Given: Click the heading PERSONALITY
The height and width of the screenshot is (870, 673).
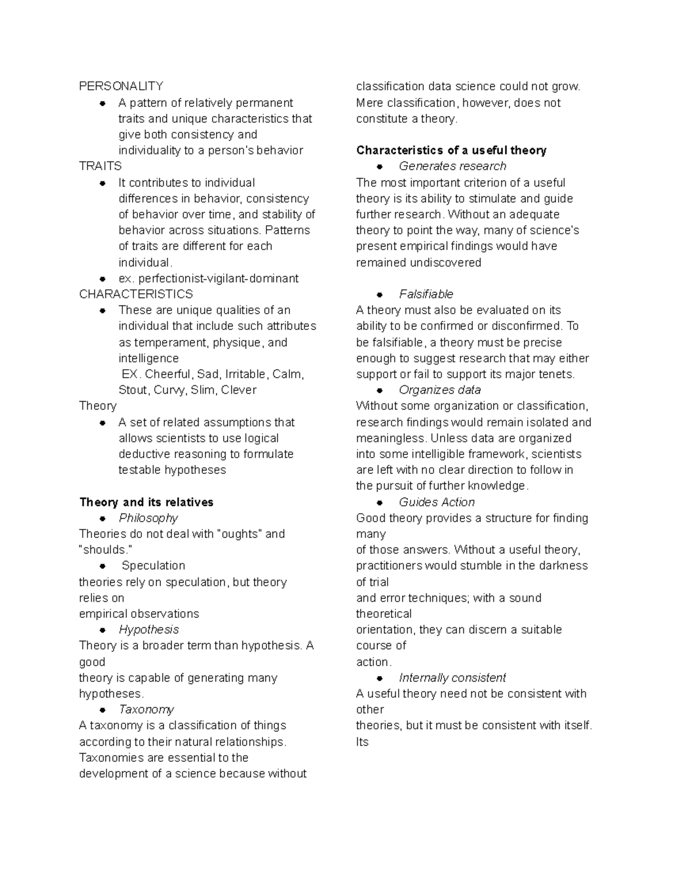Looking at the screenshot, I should (x=121, y=86).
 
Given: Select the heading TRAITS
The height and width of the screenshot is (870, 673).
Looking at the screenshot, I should (x=100, y=166).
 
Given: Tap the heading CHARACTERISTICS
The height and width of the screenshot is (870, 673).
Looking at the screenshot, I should (x=136, y=294).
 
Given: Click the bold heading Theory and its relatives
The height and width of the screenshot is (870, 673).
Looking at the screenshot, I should (x=146, y=502).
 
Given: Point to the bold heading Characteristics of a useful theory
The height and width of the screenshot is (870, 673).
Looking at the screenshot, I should (x=451, y=150).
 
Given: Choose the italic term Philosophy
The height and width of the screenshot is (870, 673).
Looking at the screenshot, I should (x=148, y=518).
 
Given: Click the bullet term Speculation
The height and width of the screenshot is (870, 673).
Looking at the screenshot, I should (x=153, y=566).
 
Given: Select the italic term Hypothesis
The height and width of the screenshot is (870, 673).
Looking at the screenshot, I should (x=149, y=630).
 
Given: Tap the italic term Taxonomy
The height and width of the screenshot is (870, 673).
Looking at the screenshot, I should (x=146, y=710).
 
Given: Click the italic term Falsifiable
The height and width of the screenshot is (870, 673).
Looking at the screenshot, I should (x=426, y=294).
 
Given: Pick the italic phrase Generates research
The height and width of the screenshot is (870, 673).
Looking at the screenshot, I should (x=452, y=166).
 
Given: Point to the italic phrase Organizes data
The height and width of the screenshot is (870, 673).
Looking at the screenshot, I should (x=440, y=390).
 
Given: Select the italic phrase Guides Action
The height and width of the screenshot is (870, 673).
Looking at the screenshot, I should (x=436, y=503).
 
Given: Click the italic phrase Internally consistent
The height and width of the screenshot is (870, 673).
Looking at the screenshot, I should (x=452, y=678).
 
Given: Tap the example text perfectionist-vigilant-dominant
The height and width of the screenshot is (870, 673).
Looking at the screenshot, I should (x=218, y=278).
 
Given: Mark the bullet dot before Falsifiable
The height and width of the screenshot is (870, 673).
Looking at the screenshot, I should (x=380, y=295).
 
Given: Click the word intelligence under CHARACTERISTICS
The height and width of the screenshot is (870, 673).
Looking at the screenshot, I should (x=149, y=359).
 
